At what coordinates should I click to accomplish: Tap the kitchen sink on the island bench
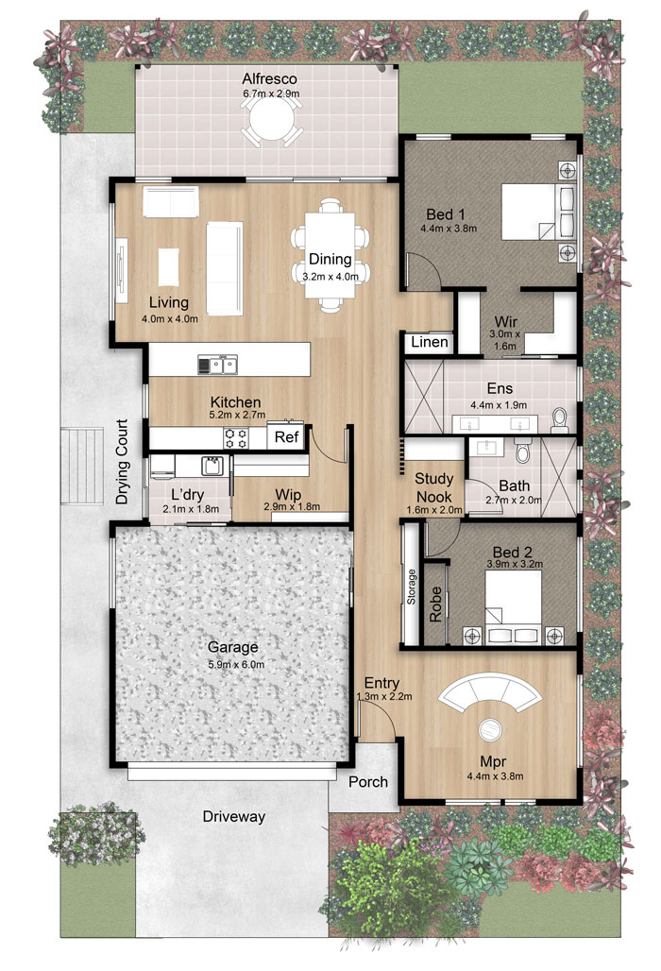tap(217, 365)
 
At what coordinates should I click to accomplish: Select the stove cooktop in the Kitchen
tap(236, 438)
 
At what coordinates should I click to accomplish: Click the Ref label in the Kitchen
tap(286, 436)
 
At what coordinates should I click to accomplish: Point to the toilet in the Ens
tap(560, 420)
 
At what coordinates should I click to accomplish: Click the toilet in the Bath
tap(523, 451)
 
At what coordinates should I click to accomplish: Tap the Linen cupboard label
tap(430, 342)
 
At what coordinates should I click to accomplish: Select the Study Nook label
tap(433, 487)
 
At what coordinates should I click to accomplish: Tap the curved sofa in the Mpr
tap(489, 691)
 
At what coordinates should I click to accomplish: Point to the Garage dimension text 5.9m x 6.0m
tap(236, 664)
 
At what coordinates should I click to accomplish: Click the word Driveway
tap(234, 817)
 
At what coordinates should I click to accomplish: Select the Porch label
tap(368, 782)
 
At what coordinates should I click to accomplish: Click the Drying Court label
tap(122, 461)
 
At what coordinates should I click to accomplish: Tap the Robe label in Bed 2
tap(435, 605)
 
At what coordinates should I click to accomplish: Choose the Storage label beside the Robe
tap(412, 587)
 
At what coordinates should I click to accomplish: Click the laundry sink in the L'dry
tap(212, 465)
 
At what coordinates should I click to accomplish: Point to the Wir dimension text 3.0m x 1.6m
tap(505, 340)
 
